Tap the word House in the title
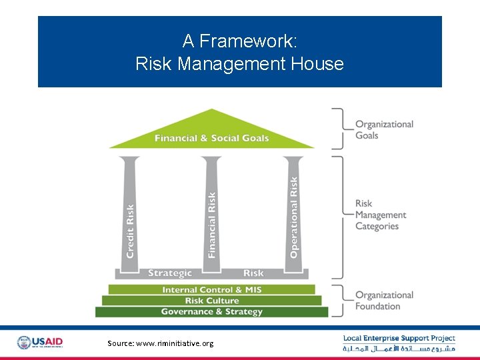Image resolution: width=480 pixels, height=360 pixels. [319, 64]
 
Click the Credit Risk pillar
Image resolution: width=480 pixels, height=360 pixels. [130, 213]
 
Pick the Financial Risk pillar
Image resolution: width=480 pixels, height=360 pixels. [211, 213]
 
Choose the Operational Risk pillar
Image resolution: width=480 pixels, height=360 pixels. [293, 213]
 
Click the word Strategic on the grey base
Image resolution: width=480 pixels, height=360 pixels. [170, 273]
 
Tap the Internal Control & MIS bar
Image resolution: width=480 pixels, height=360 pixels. [211, 290]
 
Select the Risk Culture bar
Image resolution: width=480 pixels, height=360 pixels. [211, 301]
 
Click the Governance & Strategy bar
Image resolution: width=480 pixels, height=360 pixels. [211, 312]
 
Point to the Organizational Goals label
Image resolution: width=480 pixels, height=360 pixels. [384, 129]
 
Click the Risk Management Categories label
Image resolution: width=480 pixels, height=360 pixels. [380, 215]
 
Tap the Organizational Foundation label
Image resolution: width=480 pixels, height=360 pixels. [384, 301]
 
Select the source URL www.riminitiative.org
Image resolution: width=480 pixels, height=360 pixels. [161, 343]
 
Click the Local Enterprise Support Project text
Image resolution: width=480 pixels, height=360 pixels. [399, 339]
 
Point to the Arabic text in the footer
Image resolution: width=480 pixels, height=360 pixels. [399, 349]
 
